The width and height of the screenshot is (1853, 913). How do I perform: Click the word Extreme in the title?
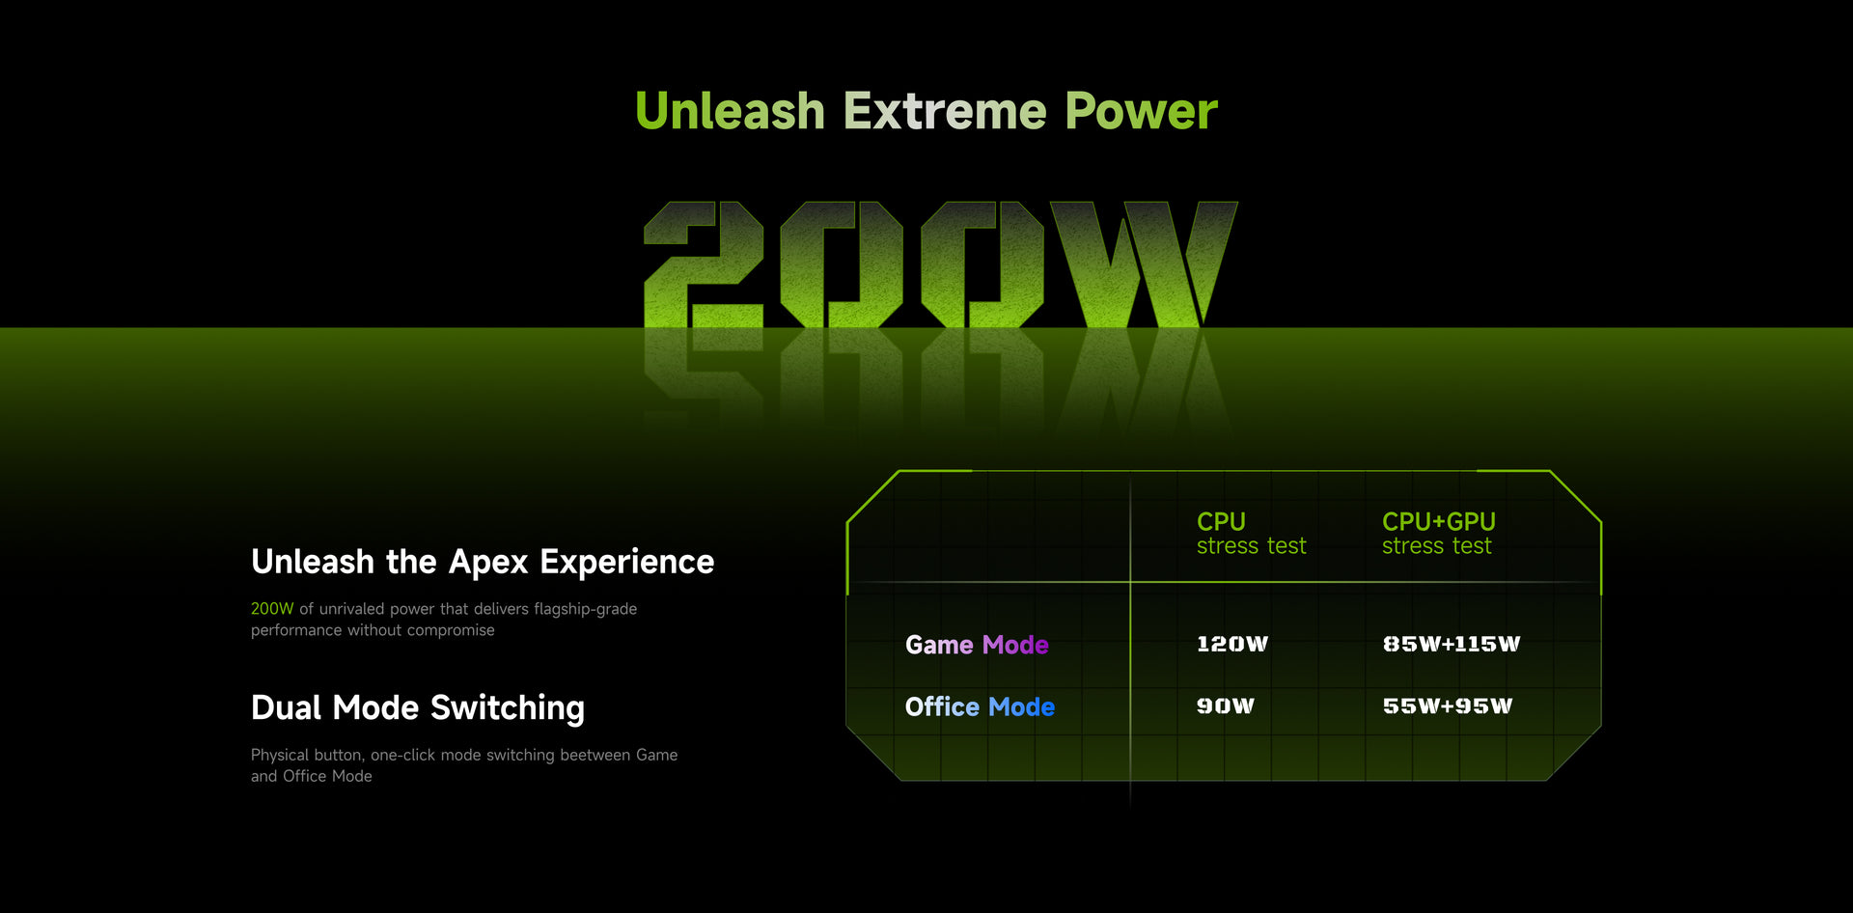click(x=945, y=111)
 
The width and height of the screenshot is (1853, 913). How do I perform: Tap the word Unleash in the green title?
click(x=730, y=111)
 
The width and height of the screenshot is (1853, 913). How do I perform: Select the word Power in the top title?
click(x=1141, y=111)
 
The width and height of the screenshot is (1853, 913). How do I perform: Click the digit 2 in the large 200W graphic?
click(x=704, y=264)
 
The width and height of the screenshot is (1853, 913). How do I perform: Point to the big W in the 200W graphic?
click(x=1144, y=264)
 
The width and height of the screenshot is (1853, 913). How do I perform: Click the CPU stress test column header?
click(x=1251, y=534)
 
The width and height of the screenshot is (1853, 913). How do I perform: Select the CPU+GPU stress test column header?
click(x=1438, y=534)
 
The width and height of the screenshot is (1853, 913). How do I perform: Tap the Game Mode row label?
click(x=977, y=645)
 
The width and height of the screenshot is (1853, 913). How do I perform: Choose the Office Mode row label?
click(x=980, y=706)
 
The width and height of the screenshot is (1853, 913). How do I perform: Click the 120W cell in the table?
click(x=1232, y=644)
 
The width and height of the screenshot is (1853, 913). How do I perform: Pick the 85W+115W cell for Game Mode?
click(x=1452, y=644)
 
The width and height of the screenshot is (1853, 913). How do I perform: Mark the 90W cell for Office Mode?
click(x=1226, y=705)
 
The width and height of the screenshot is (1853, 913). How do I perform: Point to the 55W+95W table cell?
click(x=1448, y=705)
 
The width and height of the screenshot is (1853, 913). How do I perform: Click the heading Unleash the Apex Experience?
click(x=483, y=562)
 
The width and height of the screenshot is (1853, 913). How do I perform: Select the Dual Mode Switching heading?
click(x=418, y=707)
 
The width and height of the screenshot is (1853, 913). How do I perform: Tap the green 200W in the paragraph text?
click(x=272, y=609)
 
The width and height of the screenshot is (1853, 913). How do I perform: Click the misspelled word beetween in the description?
click(x=595, y=755)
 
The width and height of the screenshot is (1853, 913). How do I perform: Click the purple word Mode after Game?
click(x=1015, y=645)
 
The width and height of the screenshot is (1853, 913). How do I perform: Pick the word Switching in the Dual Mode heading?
click(x=508, y=708)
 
